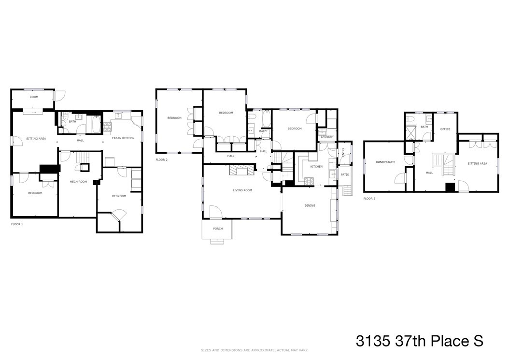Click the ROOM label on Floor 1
pos(34,97)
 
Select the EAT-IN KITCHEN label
pos(123,138)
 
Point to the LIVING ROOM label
pos(242,190)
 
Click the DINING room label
pos(310,206)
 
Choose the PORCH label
pos(218,229)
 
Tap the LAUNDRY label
pos(327,137)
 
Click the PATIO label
pos(345,174)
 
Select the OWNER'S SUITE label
pos(385,162)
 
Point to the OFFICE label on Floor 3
pos(445,129)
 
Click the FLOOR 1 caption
pos(17,225)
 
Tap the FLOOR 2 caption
pos(161,159)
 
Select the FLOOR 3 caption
pos(369,199)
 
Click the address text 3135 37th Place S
pos(419,341)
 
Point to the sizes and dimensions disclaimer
pos(254,350)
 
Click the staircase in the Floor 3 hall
pos(443,164)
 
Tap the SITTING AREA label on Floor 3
pos(477,164)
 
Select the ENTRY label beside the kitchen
pos(343,152)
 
